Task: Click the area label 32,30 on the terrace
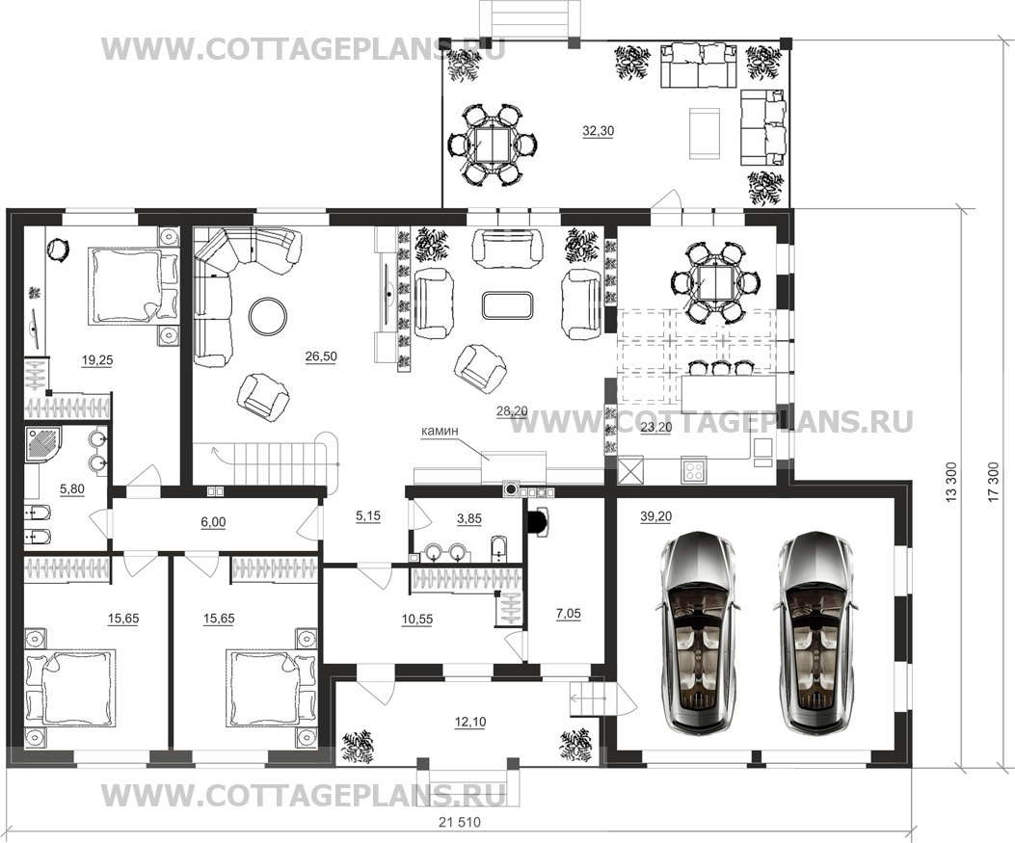point(599,131)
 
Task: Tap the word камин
point(440,431)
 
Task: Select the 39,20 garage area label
point(655,515)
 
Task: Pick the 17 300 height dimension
point(996,485)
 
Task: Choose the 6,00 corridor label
point(213,521)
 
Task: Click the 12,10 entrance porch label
point(470,722)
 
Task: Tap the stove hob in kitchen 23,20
point(693,470)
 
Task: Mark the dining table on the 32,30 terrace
point(493,145)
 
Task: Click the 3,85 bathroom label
point(468,518)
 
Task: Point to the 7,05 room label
point(568,614)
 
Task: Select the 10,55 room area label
point(416,619)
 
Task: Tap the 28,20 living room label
point(512,410)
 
